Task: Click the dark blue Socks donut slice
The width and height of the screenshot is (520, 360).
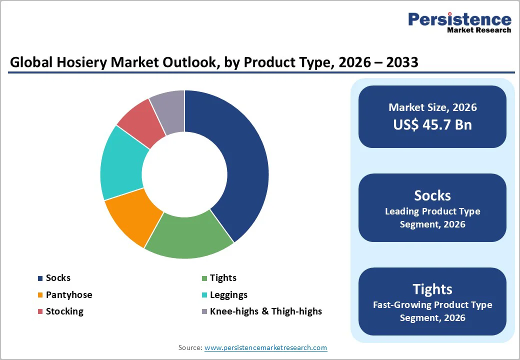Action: click(x=240, y=165)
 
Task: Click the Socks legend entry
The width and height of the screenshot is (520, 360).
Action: click(x=58, y=278)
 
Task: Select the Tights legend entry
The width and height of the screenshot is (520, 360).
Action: click(x=222, y=278)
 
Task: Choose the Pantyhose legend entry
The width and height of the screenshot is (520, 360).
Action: click(x=68, y=295)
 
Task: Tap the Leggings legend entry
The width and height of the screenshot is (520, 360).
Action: click(x=228, y=295)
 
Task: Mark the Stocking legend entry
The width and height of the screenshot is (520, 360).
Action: click(x=64, y=311)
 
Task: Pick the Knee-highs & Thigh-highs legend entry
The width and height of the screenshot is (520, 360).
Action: click(x=265, y=311)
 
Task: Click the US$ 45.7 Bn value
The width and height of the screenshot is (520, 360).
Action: click(x=432, y=124)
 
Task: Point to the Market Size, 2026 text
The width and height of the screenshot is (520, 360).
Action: click(x=432, y=107)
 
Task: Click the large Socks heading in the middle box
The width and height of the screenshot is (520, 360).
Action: click(x=432, y=195)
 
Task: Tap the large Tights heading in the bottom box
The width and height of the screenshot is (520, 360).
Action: click(x=432, y=289)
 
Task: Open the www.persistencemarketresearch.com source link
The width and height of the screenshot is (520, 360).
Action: click(x=265, y=347)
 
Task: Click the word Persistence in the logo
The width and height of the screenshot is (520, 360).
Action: click(x=459, y=19)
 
